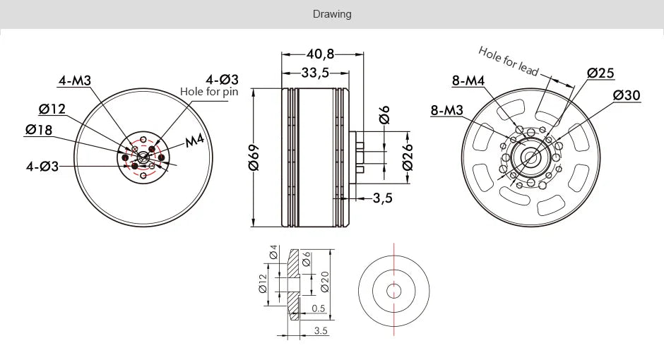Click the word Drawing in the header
pos(332,14)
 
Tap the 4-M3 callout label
pos(75,80)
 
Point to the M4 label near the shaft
pos(194,141)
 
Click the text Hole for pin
pos(210,91)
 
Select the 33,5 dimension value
pos(314,72)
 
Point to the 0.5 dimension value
pos(318,308)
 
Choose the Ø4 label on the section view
pos(273,253)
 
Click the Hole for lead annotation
pos(508,61)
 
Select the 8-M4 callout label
pos(468,80)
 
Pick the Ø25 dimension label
pos(600,73)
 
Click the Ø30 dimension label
pos(627,95)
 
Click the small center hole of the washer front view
pos(394,289)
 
